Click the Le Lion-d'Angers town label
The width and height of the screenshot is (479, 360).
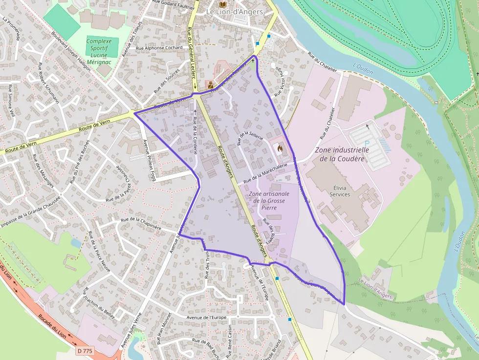234,12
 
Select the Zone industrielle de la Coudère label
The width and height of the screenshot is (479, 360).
342,154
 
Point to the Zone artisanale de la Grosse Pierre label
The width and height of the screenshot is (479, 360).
269,201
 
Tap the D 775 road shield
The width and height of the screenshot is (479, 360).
85,350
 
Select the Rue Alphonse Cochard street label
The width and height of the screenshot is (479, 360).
159,48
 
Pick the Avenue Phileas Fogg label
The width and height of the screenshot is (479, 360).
149,160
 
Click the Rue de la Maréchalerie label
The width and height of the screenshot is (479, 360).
265,173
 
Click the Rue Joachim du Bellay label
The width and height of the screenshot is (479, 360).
99,302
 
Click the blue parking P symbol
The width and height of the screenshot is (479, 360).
367,143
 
